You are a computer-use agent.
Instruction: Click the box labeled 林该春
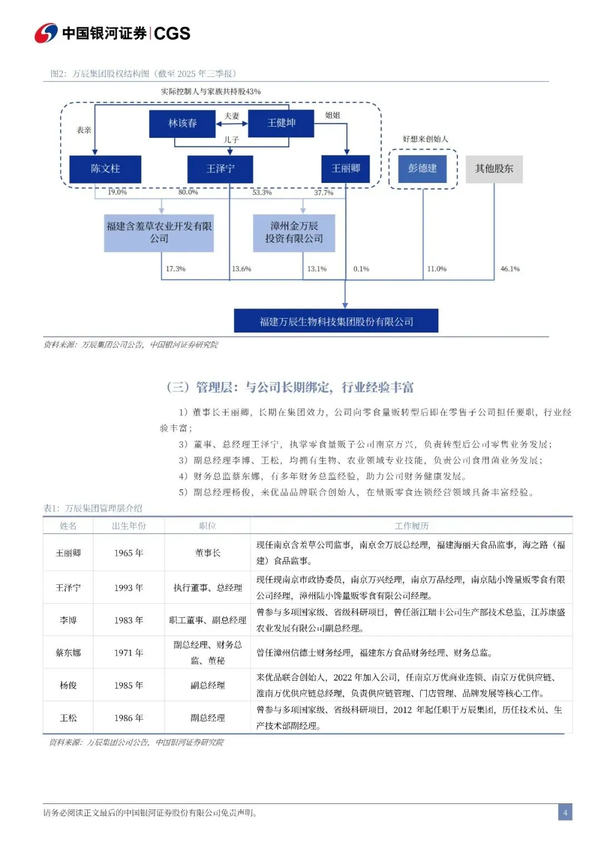[x=182, y=123]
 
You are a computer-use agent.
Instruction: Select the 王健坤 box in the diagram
[x=281, y=123]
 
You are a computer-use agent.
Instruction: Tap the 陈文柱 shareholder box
[x=105, y=168]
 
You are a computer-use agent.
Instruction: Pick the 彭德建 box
[x=422, y=168]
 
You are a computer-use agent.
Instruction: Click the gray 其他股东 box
[x=494, y=168]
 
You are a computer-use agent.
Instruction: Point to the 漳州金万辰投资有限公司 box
[x=294, y=232]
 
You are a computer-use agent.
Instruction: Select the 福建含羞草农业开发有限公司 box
[x=159, y=232]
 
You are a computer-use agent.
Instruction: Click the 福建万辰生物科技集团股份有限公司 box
[x=336, y=321]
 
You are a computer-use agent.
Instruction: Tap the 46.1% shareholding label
[x=510, y=269]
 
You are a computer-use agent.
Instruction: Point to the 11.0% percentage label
[x=437, y=269]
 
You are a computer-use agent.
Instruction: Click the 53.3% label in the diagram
[x=262, y=192]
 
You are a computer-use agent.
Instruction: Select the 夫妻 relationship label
[x=231, y=116]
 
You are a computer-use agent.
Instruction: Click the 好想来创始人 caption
[x=425, y=139]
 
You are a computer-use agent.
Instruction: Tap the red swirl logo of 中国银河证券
[x=46, y=33]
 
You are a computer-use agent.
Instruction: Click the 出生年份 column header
[x=129, y=526]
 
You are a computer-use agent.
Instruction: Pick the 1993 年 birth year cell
[x=129, y=588]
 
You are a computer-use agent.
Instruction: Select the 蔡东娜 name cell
[x=68, y=653]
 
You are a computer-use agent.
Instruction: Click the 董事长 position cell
[x=208, y=553]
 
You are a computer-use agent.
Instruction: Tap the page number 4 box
[x=565, y=812]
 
